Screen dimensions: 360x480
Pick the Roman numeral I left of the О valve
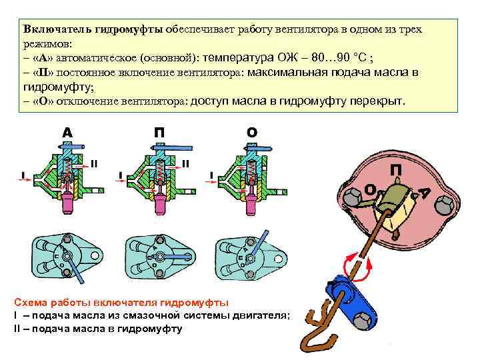(213, 175)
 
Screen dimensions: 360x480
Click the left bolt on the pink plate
(351, 196)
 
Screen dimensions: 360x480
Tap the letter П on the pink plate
(396, 171)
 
